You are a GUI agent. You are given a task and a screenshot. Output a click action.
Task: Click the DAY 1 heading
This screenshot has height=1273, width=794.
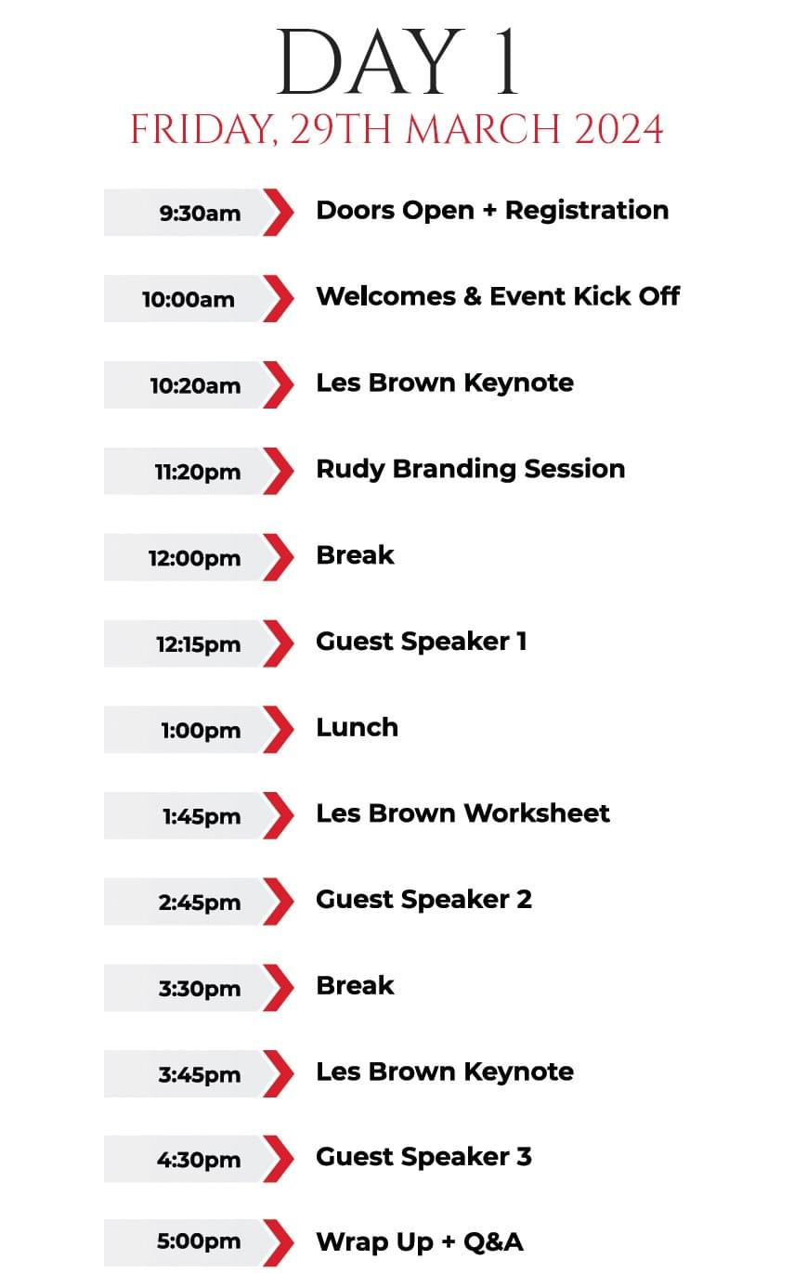[x=397, y=61]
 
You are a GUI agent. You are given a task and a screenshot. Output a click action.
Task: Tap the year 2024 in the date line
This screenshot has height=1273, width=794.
[x=618, y=129]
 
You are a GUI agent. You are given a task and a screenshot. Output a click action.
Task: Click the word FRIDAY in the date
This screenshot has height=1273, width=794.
[x=203, y=130]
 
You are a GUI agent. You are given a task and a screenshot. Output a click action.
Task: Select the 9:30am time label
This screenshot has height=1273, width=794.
[x=200, y=214]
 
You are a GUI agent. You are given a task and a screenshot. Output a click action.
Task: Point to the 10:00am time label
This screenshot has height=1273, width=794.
[x=189, y=300]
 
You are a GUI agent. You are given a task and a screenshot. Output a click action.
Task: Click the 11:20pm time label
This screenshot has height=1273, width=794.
[x=198, y=473]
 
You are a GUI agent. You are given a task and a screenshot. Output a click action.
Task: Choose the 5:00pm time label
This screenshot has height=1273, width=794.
[x=199, y=1242]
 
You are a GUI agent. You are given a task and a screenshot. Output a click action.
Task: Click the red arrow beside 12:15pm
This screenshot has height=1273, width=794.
[x=279, y=643]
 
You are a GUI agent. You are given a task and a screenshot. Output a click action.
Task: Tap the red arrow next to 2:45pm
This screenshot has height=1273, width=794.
[x=279, y=902]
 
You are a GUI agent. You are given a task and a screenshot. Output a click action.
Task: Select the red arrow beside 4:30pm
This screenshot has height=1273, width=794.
[x=279, y=1159]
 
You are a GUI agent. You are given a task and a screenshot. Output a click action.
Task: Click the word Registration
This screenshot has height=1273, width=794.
[x=587, y=212]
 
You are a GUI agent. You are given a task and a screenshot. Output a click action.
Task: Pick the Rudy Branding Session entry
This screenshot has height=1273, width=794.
[x=471, y=470]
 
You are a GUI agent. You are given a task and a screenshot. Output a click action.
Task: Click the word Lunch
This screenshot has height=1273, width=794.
[x=358, y=727]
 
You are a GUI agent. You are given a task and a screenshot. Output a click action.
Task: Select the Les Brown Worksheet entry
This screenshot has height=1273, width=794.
[x=463, y=813]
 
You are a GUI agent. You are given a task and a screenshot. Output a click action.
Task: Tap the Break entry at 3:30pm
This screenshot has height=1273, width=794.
[x=356, y=985]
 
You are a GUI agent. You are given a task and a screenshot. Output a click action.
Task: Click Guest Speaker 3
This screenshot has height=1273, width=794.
[x=424, y=1157]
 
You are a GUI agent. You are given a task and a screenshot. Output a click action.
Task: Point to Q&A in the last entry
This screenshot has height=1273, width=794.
[x=493, y=1242]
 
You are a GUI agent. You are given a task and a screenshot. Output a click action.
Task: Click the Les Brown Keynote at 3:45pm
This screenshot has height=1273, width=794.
[x=445, y=1072]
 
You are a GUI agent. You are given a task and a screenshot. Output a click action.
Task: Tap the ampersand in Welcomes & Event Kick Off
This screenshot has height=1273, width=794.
[x=473, y=296]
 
